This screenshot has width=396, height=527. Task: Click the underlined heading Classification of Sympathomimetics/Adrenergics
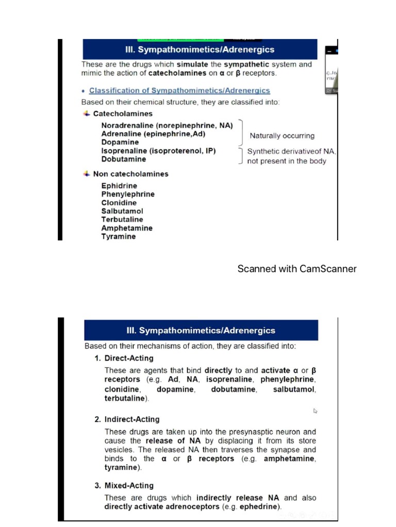pos(179,91)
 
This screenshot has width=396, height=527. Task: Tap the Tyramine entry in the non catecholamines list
pos(119,237)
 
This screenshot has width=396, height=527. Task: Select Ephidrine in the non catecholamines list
pos(119,186)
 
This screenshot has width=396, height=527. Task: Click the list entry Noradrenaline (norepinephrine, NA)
pos(167,126)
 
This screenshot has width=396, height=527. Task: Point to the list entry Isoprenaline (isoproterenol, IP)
pos(158,151)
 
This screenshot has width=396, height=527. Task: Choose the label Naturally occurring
pos(282,136)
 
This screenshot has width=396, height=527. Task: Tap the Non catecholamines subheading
pos(130,174)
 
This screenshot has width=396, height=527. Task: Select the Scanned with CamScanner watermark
pos(297,269)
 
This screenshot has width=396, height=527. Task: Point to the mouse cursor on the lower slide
pos(316,411)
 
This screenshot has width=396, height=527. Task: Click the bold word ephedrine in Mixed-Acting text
pos(260,507)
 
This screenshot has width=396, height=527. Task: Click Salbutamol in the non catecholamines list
pos(122,211)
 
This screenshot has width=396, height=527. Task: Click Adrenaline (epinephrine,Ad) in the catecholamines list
pos(153,134)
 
